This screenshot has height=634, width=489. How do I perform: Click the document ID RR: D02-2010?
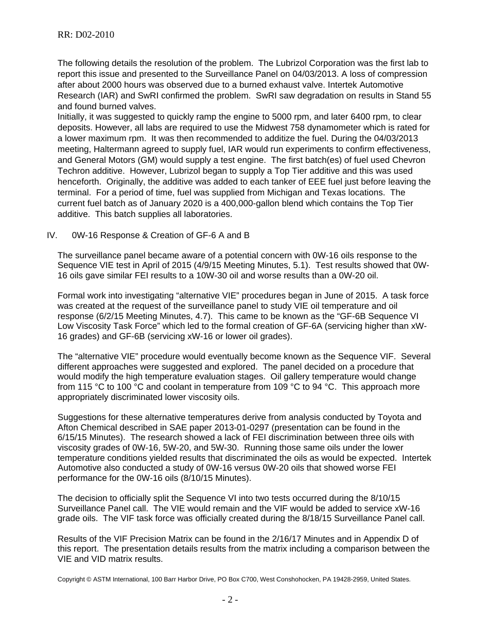pyautogui.click(x=85, y=35)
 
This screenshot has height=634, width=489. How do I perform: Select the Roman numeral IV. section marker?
pyautogui.click(x=51, y=236)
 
